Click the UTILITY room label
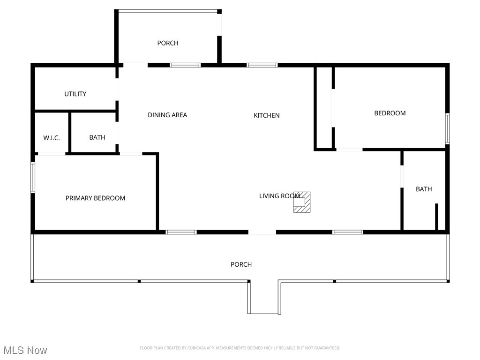pos(75,94)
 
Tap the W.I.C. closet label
pos(52,138)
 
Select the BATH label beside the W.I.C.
pos(97,138)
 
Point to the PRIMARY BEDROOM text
pos(95,198)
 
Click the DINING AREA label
pos(167,115)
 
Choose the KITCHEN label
pos(266,115)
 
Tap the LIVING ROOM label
pos(279,196)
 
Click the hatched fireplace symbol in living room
pos(303,202)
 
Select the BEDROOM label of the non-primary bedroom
pos(390,113)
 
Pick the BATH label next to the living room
pos(424,189)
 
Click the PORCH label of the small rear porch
pos(167,43)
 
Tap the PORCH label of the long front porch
pos(241,265)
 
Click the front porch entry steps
pos(263,297)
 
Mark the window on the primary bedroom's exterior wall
pos(33,177)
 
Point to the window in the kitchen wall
pos(262,65)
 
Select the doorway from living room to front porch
pos(262,232)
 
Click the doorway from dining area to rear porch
pos(135,65)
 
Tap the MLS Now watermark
pos(25,350)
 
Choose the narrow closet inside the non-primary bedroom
pos(324,108)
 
